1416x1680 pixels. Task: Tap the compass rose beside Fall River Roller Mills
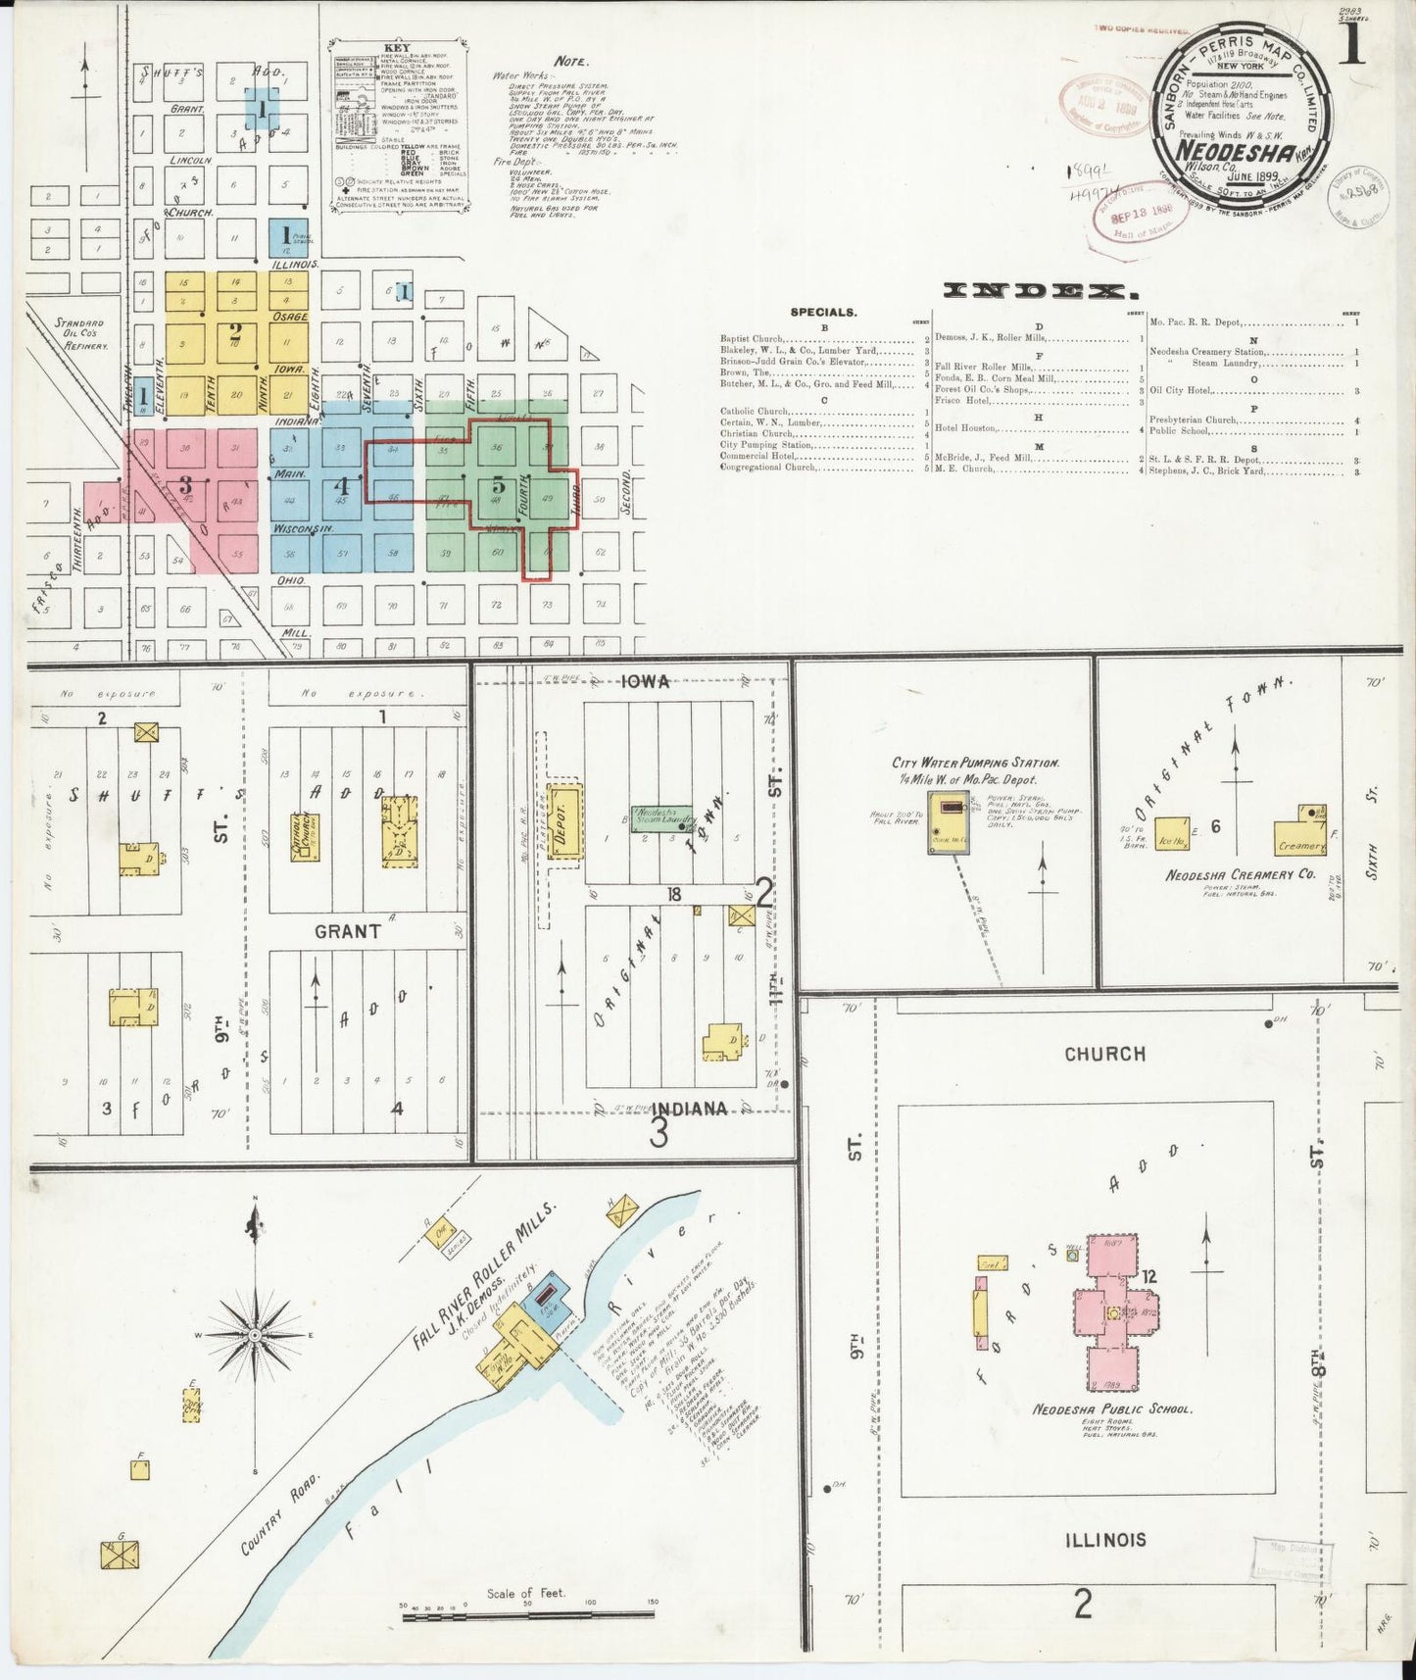tap(255, 1336)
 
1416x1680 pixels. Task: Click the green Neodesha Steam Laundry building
tap(663, 814)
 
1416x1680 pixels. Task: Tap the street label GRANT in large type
tap(347, 931)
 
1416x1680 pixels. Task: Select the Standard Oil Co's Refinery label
tap(80, 333)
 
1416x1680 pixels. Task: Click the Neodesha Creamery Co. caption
tap(1240, 873)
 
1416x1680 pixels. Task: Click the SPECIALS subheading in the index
tap(823, 313)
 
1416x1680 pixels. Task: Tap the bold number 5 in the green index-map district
tap(498, 484)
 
